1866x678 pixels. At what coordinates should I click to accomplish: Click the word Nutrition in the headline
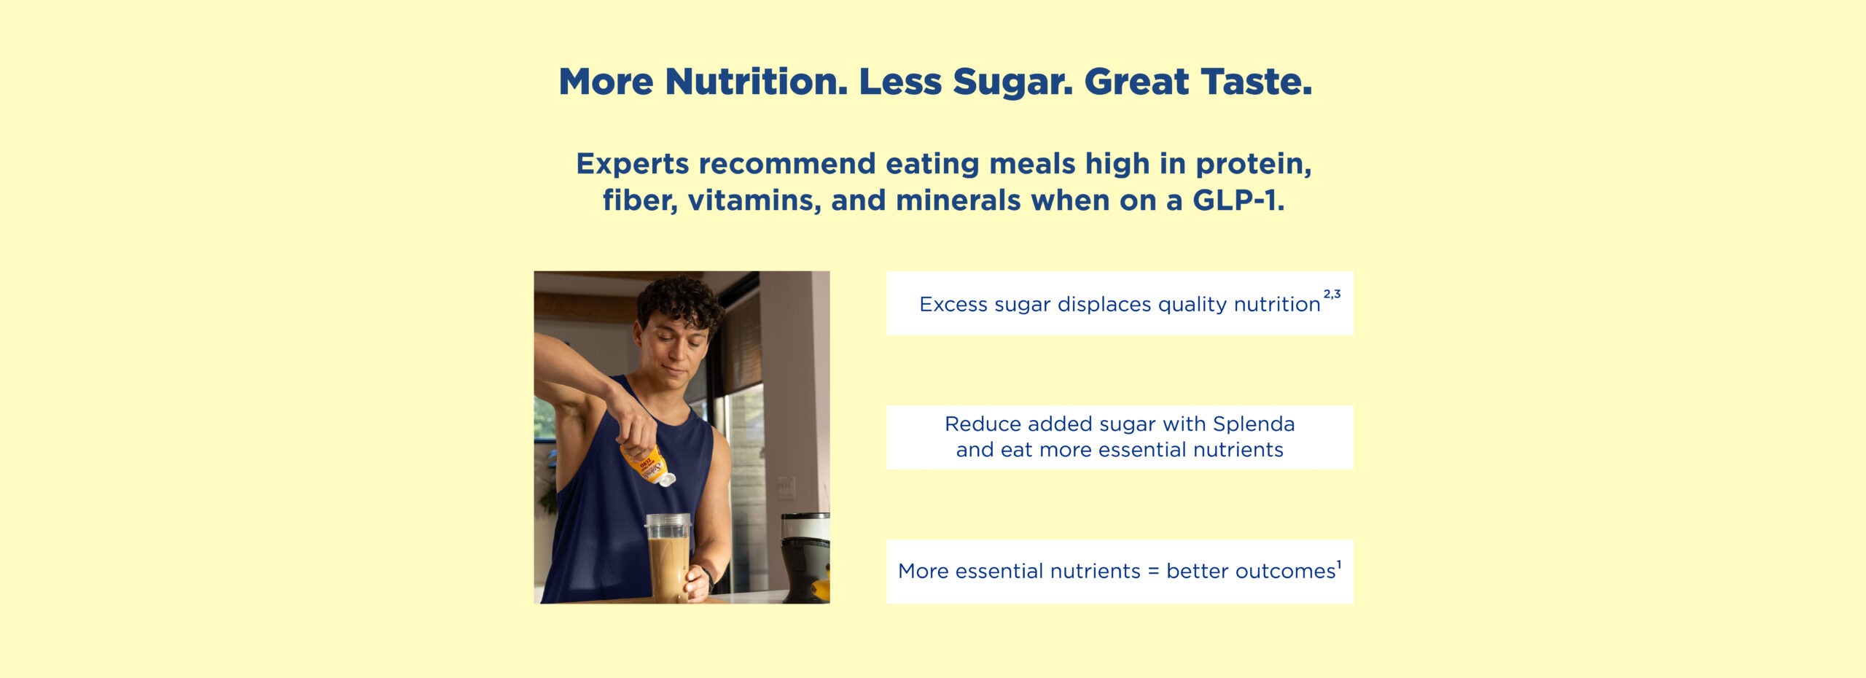[x=757, y=82]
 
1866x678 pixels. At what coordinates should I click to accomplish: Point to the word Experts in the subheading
[x=633, y=165]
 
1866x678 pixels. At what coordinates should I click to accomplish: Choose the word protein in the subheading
[x=1254, y=165]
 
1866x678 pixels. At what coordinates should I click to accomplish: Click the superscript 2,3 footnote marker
[x=1332, y=295]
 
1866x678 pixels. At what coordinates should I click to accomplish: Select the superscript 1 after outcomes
[x=1339, y=564]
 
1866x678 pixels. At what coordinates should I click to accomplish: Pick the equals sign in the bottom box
[x=1153, y=572]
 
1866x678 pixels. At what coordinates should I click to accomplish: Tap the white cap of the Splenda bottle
[x=666, y=479]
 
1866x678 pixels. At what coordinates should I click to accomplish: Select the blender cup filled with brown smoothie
[x=668, y=558]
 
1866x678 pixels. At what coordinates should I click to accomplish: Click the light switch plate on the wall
[x=785, y=488]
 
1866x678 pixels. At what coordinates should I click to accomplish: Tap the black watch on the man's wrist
[x=707, y=577]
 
